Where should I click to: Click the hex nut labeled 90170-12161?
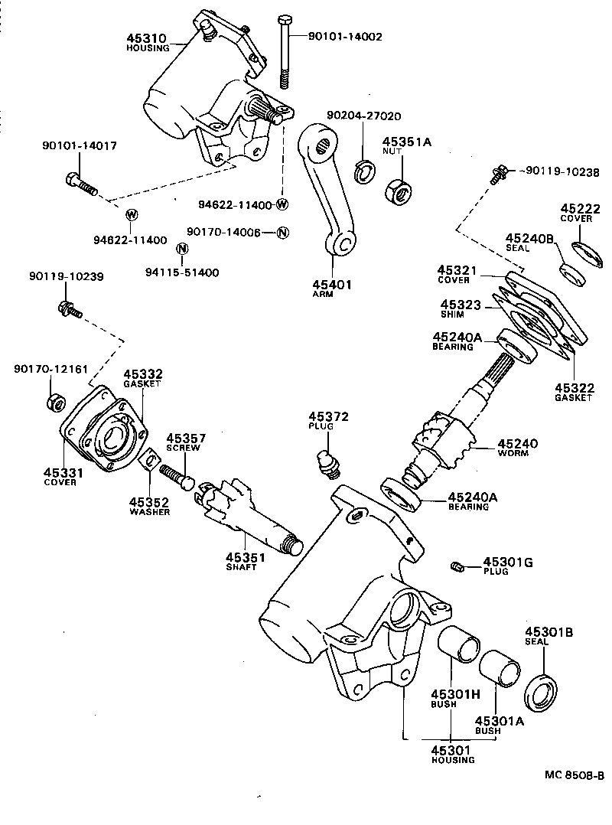point(55,400)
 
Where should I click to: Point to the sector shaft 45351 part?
point(245,513)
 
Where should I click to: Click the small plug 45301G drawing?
point(457,566)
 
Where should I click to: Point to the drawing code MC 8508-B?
point(574,774)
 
